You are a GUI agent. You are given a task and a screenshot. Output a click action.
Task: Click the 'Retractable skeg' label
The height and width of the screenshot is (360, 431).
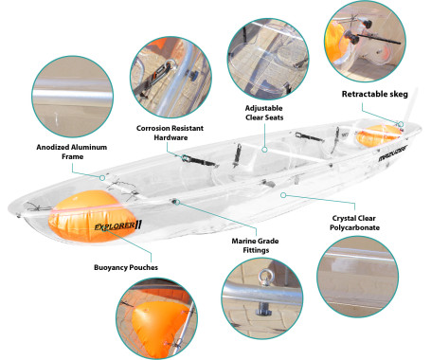(375, 94)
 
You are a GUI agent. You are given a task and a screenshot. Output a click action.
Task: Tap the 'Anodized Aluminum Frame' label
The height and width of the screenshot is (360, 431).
(72, 152)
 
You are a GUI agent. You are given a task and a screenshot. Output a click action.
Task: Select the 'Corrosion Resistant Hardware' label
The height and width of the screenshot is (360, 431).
(170, 133)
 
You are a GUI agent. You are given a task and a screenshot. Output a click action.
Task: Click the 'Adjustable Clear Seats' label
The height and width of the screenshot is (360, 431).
(264, 113)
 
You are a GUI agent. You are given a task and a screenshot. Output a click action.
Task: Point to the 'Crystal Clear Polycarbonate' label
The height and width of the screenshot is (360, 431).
(354, 223)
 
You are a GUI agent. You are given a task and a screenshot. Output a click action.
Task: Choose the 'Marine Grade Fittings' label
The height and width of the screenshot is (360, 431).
(255, 245)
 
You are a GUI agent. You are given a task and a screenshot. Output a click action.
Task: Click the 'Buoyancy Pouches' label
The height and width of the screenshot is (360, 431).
(126, 267)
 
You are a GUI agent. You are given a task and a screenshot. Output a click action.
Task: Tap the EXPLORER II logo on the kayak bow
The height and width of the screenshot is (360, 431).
(118, 225)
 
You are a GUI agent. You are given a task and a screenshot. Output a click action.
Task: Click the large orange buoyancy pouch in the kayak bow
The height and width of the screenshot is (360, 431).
(92, 216)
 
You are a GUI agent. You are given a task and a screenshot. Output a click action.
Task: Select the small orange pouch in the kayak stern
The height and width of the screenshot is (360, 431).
(378, 135)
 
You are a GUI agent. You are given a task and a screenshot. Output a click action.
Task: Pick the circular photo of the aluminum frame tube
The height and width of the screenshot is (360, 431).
(72, 97)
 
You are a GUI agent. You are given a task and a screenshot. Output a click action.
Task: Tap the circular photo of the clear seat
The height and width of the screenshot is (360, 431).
(268, 59)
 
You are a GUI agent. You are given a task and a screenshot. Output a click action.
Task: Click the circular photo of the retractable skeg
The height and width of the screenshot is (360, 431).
(366, 42)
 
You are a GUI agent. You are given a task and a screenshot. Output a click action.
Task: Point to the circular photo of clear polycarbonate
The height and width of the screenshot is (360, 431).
(358, 277)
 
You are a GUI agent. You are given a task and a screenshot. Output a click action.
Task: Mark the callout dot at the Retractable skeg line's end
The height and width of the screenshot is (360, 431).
(401, 124)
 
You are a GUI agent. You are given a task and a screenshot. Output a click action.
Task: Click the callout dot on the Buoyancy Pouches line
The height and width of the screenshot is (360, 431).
(105, 228)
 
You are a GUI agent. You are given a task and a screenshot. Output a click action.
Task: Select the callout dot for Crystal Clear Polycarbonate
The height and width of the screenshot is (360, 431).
(283, 195)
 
